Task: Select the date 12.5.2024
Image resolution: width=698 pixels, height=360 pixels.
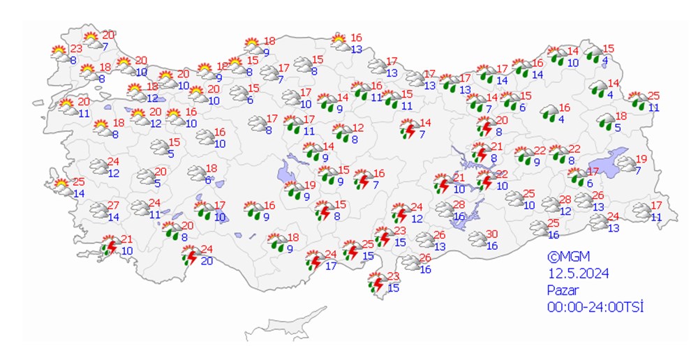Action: click(x=578, y=273)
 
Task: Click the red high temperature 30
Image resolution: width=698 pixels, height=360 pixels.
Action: click(x=491, y=234)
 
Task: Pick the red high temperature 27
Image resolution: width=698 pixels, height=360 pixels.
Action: click(x=114, y=206)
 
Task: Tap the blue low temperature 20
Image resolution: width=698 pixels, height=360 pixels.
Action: click(x=207, y=261)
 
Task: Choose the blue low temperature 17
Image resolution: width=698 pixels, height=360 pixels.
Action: click(x=331, y=265)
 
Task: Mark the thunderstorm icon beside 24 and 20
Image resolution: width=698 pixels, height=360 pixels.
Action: click(x=189, y=256)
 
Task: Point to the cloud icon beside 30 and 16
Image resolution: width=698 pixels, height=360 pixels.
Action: click(x=478, y=239)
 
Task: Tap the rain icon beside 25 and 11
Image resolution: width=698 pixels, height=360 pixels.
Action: click(x=637, y=101)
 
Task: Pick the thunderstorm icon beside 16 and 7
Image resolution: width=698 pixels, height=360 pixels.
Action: click(x=362, y=180)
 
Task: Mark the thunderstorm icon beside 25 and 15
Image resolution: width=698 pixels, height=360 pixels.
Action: click(x=352, y=251)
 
